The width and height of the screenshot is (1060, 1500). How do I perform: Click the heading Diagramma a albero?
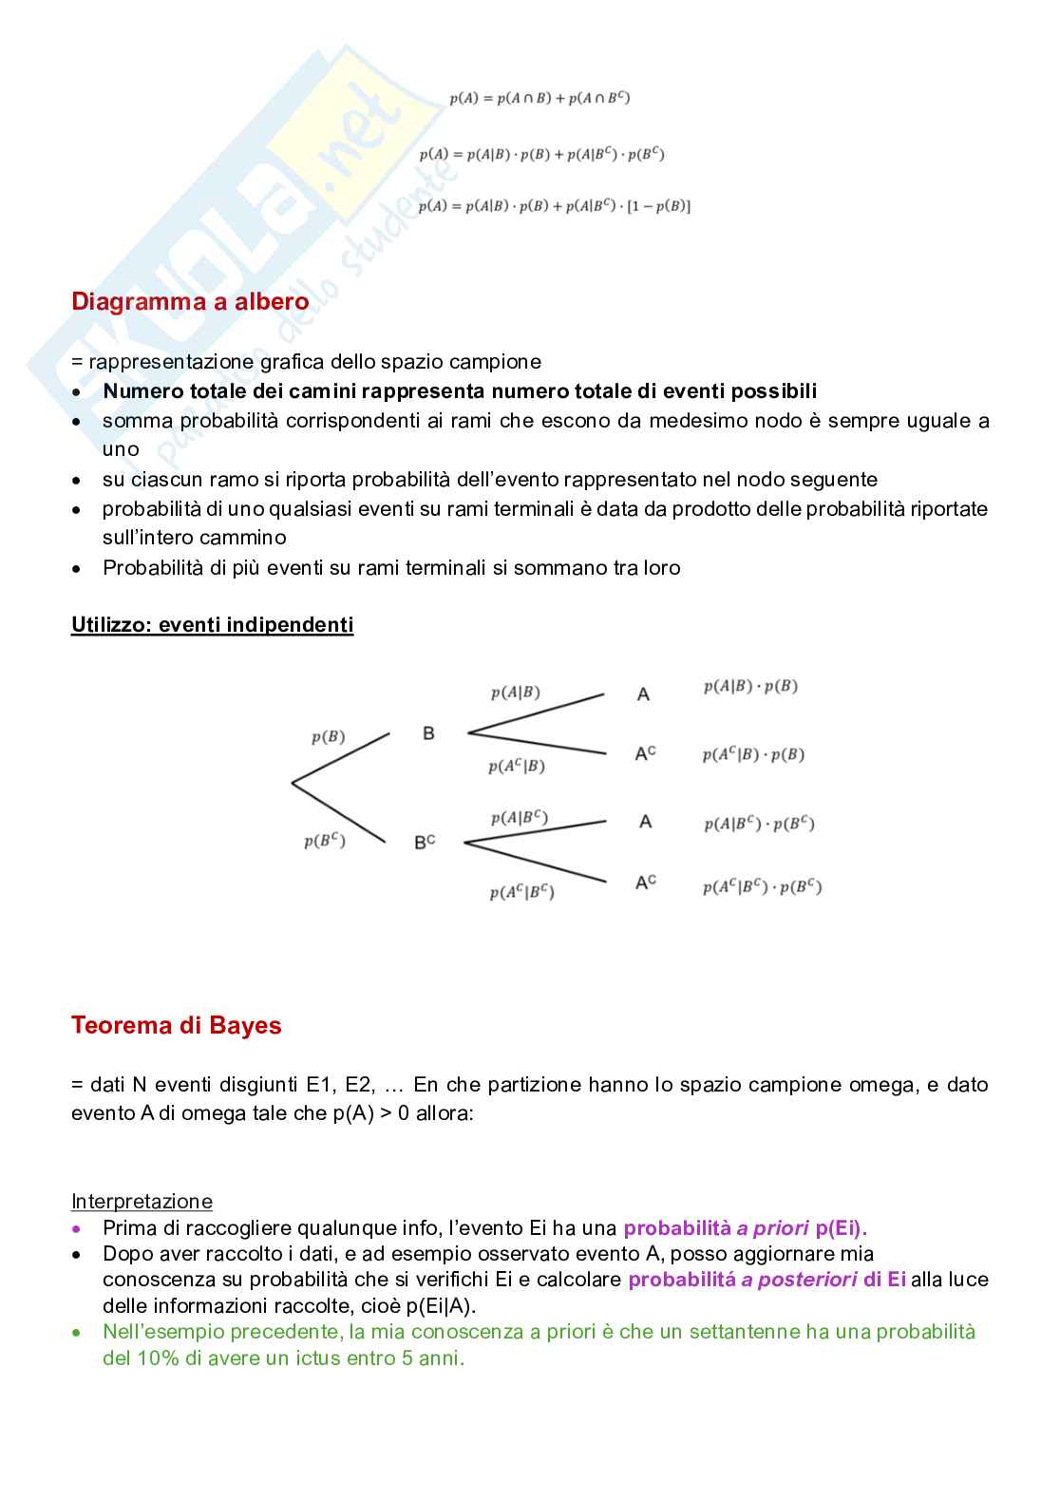(x=190, y=302)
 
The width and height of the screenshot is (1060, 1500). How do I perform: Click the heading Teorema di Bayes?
(x=176, y=1026)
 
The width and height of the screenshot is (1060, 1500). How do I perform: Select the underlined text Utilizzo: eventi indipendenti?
(x=212, y=625)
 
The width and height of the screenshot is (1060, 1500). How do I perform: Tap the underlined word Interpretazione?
(x=142, y=1202)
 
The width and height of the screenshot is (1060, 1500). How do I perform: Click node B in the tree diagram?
(x=428, y=733)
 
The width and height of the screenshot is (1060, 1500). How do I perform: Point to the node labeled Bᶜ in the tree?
(x=425, y=842)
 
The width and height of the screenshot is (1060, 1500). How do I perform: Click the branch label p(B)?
(x=329, y=737)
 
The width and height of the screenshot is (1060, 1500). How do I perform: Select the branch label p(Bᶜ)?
(x=325, y=841)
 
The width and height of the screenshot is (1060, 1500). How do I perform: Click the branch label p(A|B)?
(x=516, y=693)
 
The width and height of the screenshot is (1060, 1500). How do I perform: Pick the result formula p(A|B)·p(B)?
(x=750, y=686)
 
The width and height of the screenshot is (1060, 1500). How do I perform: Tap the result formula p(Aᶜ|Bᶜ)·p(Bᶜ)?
(x=762, y=887)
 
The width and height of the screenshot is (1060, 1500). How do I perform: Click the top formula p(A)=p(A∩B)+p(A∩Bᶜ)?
(x=539, y=98)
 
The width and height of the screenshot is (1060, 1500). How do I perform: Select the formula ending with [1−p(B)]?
(x=554, y=206)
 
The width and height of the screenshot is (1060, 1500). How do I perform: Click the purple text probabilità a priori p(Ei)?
(x=745, y=1228)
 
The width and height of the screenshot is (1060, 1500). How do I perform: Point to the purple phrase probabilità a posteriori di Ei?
(x=767, y=1280)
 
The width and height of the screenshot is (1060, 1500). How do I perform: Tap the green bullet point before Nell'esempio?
(x=78, y=1333)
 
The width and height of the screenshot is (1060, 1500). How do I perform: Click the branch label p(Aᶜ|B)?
(x=517, y=767)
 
